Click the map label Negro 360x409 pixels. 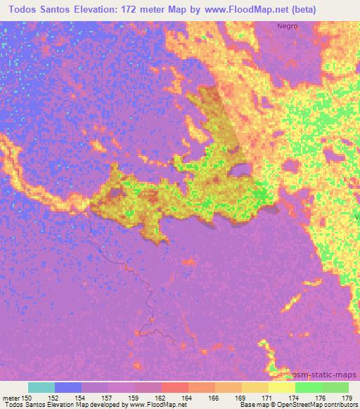(x=287, y=26)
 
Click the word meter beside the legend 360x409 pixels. (x=10, y=397)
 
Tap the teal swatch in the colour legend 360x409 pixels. (x=41, y=387)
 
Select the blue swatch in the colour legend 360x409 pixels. (x=68, y=387)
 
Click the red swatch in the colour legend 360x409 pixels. (x=175, y=387)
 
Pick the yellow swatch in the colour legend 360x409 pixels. (x=282, y=387)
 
